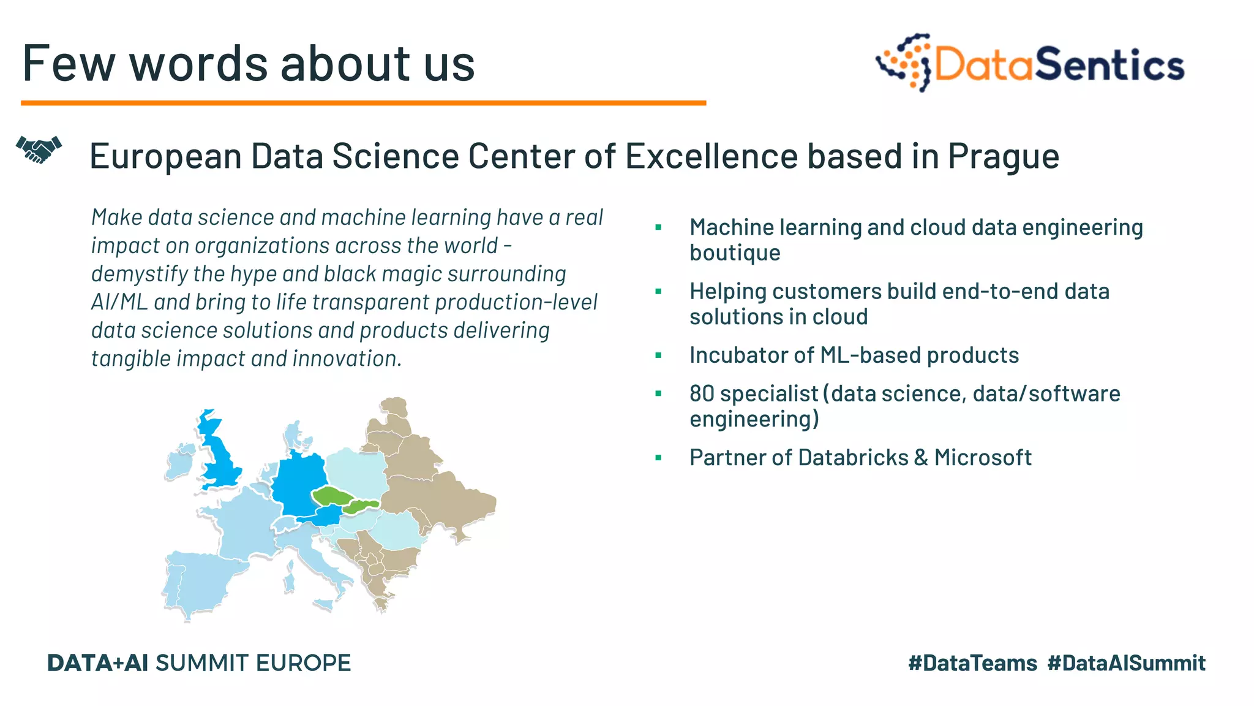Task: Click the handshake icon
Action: tap(39, 150)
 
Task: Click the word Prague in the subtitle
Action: tap(1003, 156)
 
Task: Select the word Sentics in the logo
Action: tap(1109, 64)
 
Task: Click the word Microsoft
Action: tap(983, 458)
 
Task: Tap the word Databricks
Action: tap(853, 458)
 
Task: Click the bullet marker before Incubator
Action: tap(658, 355)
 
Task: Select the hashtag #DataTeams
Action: tap(972, 663)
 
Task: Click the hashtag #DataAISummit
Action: tap(1126, 663)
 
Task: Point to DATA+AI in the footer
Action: tap(97, 663)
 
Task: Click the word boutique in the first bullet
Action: tap(735, 252)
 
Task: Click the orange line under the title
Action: tap(363, 103)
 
